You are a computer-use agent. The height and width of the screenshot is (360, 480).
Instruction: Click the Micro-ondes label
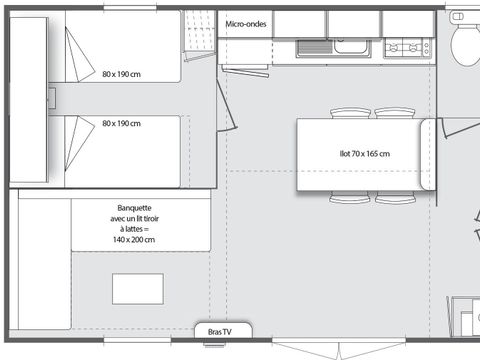click(x=246, y=24)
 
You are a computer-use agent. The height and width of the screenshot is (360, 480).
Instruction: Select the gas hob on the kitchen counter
click(x=408, y=48)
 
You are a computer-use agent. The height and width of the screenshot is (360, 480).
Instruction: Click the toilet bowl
click(x=465, y=45)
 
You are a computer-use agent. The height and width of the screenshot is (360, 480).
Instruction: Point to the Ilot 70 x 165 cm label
click(x=365, y=154)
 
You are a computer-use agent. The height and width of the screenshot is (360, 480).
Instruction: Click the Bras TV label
click(x=220, y=332)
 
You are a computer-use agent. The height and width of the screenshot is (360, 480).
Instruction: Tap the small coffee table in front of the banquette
click(x=138, y=289)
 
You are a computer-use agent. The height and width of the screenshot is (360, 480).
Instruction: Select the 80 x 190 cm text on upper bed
click(x=121, y=74)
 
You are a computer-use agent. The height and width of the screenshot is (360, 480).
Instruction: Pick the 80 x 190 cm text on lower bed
click(x=121, y=123)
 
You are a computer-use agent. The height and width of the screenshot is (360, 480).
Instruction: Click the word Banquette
click(x=134, y=208)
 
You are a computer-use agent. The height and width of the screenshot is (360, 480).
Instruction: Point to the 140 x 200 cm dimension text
click(x=134, y=239)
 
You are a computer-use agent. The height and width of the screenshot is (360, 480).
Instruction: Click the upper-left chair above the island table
click(x=350, y=113)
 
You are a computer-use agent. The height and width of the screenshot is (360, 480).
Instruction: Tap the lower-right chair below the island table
click(x=395, y=197)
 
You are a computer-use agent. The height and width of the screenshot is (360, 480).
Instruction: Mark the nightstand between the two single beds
click(x=52, y=98)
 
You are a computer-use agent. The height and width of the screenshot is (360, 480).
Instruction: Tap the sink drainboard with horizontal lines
click(x=315, y=47)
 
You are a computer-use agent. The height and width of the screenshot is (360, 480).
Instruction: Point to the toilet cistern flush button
click(x=457, y=16)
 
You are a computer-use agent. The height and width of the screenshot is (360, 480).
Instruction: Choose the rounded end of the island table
click(x=428, y=154)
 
